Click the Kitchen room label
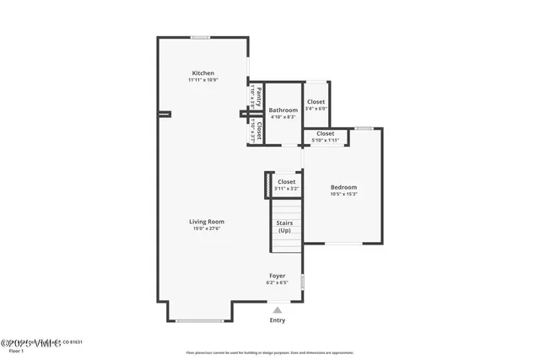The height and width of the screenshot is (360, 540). (203, 73)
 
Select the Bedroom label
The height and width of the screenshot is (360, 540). (343, 187)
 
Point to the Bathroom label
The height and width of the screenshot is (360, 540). (283, 110)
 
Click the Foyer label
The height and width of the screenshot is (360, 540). (277, 276)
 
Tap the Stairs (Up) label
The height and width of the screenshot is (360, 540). (284, 227)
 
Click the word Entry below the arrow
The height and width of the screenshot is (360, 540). (278, 320)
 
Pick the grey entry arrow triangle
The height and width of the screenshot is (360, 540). (278, 310)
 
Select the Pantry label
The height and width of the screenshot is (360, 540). (259, 94)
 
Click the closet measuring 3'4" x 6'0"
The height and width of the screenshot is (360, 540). (316, 102)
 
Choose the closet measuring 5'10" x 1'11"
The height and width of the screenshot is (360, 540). (325, 133)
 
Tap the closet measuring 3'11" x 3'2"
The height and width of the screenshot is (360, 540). (286, 181)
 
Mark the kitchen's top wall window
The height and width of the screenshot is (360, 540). (200, 37)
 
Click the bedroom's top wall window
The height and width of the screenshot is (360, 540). (364, 128)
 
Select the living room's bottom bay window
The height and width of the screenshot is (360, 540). (200, 321)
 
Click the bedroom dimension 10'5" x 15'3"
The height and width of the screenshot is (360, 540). (343, 194)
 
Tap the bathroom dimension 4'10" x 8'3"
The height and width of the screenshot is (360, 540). (283, 117)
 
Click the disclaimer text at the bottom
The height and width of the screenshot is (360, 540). (270, 353)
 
